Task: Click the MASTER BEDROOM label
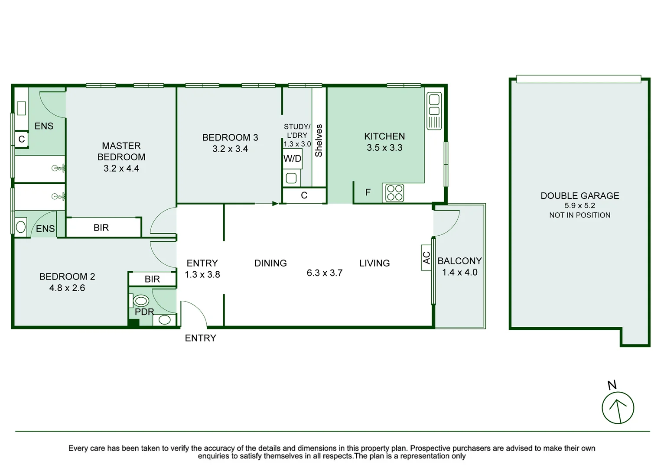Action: tap(121, 151)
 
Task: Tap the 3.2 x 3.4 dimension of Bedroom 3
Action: tap(230, 149)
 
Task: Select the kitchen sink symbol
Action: tap(434, 111)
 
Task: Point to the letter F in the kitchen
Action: tap(368, 192)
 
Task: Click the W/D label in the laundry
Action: tap(292, 159)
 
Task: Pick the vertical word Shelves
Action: tap(319, 140)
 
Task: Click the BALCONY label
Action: tap(459, 261)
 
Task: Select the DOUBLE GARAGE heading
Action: tap(579, 196)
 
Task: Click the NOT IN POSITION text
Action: tap(579, 215)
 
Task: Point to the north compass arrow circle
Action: tap(618, 408)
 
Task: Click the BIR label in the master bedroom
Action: tap(101, 228)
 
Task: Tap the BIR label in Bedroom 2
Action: tap(152, 279)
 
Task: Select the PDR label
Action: tap(144, 312)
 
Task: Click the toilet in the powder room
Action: tap(140, 300)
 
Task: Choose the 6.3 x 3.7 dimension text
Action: tap(324, 273)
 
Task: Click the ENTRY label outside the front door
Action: tap(200, 338)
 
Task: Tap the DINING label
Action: tap(270, 263)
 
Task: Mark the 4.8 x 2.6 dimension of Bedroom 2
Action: tap(67, 288)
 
